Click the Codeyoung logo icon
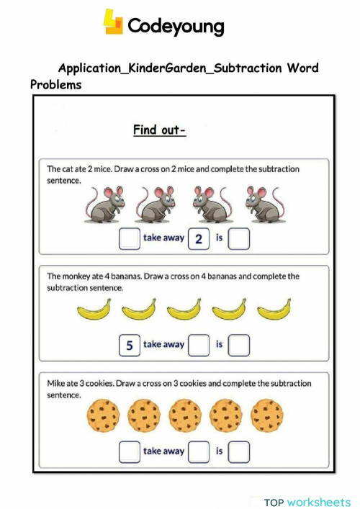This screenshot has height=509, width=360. [114, 22]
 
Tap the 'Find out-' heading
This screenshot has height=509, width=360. [159, 130]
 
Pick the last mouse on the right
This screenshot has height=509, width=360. [261, 204]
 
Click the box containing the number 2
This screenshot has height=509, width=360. [198, 239]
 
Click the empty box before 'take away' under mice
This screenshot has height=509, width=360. [130, 239]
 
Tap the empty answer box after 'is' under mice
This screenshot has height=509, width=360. [239, 239]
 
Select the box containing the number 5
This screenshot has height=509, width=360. [130, 346]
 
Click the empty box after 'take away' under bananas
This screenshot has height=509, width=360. [198, 346]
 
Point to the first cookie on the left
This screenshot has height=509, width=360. [103, 416]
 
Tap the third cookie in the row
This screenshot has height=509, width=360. [186, 416]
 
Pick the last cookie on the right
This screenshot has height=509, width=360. [268, 416]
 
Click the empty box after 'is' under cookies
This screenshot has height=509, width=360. [239, 451]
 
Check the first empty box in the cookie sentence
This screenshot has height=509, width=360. [130, 451]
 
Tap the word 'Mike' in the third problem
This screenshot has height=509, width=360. [57, 382]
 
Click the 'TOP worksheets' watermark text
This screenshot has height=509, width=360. [307, 502]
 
